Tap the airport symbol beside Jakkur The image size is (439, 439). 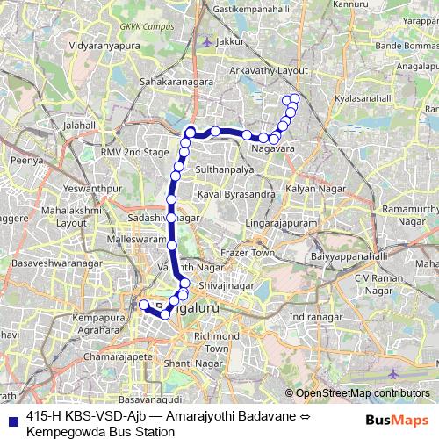[x=206, y=41]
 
